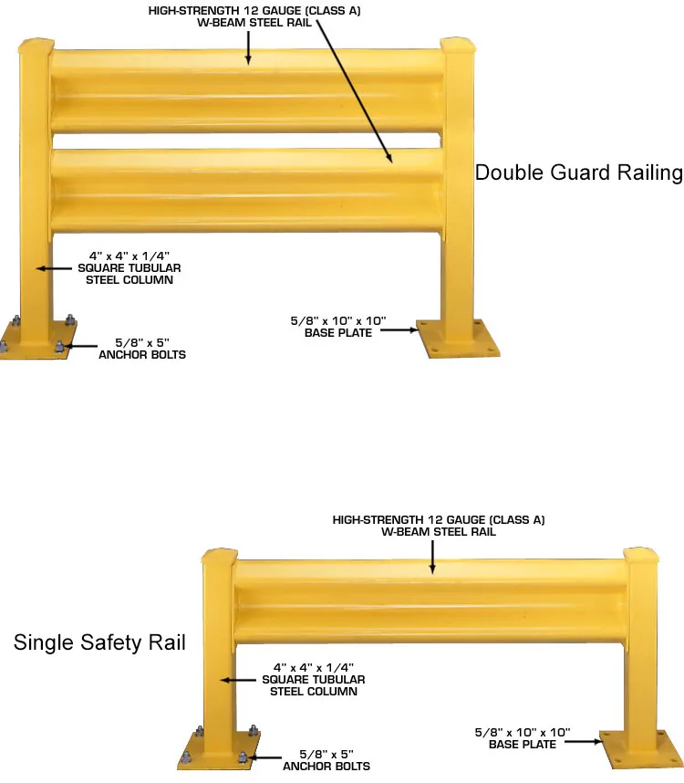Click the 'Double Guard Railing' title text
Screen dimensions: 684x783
(578, 172)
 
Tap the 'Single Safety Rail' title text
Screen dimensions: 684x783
(99, 642)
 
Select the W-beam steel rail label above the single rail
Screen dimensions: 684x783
(438, 526)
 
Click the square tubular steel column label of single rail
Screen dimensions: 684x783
(313, 680)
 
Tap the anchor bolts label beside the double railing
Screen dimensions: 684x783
(141, 349)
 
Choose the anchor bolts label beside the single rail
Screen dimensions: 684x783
(326, 760)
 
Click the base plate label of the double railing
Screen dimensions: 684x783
(337, 327)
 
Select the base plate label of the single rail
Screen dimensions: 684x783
(522, 737)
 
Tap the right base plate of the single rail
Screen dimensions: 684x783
(640, 750)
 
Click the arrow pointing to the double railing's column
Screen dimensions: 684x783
(55, 268)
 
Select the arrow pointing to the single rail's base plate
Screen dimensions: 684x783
(583, 743)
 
